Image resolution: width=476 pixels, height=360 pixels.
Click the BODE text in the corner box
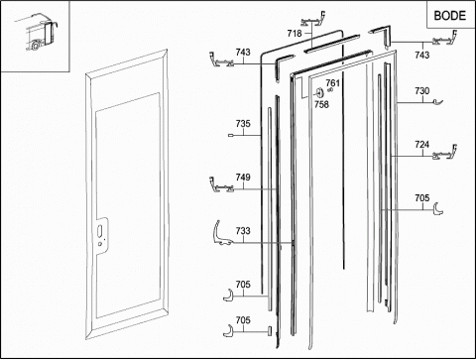(449, 15)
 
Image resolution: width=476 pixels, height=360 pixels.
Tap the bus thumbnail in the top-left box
(37, 32)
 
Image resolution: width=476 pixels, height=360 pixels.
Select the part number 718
(295, 33)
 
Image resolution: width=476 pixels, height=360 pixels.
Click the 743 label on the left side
(243, 52)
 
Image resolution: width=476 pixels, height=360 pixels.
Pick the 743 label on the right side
(422, 55)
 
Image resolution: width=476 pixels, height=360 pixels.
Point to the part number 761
(332, 82)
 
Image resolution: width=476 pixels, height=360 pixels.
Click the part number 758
(321, 104)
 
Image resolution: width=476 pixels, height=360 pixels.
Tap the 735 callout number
(243, 124)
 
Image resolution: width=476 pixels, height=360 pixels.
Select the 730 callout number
(422, 90)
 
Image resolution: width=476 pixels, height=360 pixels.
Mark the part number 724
(422, 144)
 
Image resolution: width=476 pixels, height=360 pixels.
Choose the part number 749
(243, 178)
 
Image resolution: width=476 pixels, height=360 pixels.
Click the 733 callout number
(243, 231)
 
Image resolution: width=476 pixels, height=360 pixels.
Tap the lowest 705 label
(243, 320)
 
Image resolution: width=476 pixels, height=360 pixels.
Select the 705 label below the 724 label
(422, 197)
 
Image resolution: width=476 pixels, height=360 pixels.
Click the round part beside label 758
(318, 93)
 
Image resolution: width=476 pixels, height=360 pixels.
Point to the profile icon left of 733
(220, 236)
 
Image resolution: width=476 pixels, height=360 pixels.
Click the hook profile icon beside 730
(438, 102)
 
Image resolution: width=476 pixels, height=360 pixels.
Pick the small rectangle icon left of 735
(231, 135)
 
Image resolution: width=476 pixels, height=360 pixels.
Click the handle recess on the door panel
(100, 236)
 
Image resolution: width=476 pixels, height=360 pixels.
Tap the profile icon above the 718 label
(313, 20)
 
